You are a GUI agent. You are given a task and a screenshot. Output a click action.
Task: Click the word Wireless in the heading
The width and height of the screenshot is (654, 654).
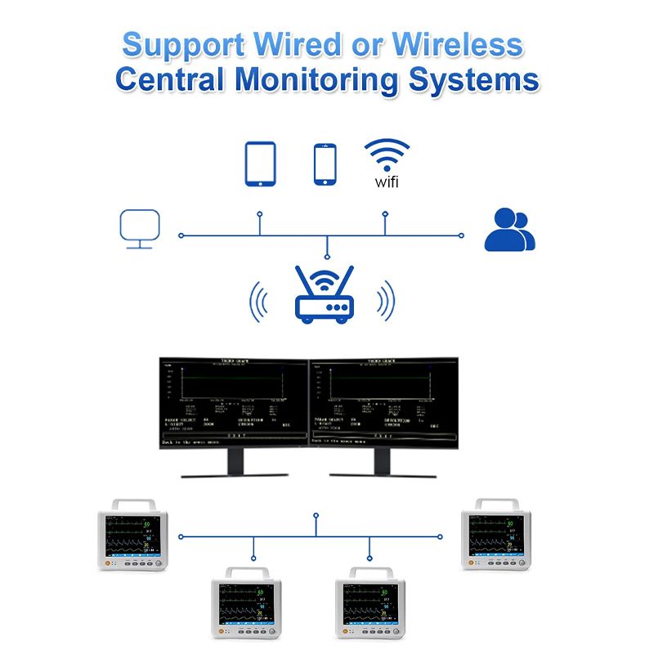[458, 45]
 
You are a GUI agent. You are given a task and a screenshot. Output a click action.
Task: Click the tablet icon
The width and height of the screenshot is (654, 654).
[261, 163]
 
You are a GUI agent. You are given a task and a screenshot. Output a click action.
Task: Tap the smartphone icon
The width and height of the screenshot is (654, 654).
[325, 164]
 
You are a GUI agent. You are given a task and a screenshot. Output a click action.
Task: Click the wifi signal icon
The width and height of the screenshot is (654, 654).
[387, 153]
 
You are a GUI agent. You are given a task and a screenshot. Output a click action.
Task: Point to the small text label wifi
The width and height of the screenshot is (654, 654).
[387, 181]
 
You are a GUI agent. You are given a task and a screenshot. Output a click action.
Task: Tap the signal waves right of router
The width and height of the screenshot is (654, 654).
[386, 302]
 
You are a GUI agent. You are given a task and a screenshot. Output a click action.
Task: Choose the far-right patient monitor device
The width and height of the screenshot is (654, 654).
[496, 536]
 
